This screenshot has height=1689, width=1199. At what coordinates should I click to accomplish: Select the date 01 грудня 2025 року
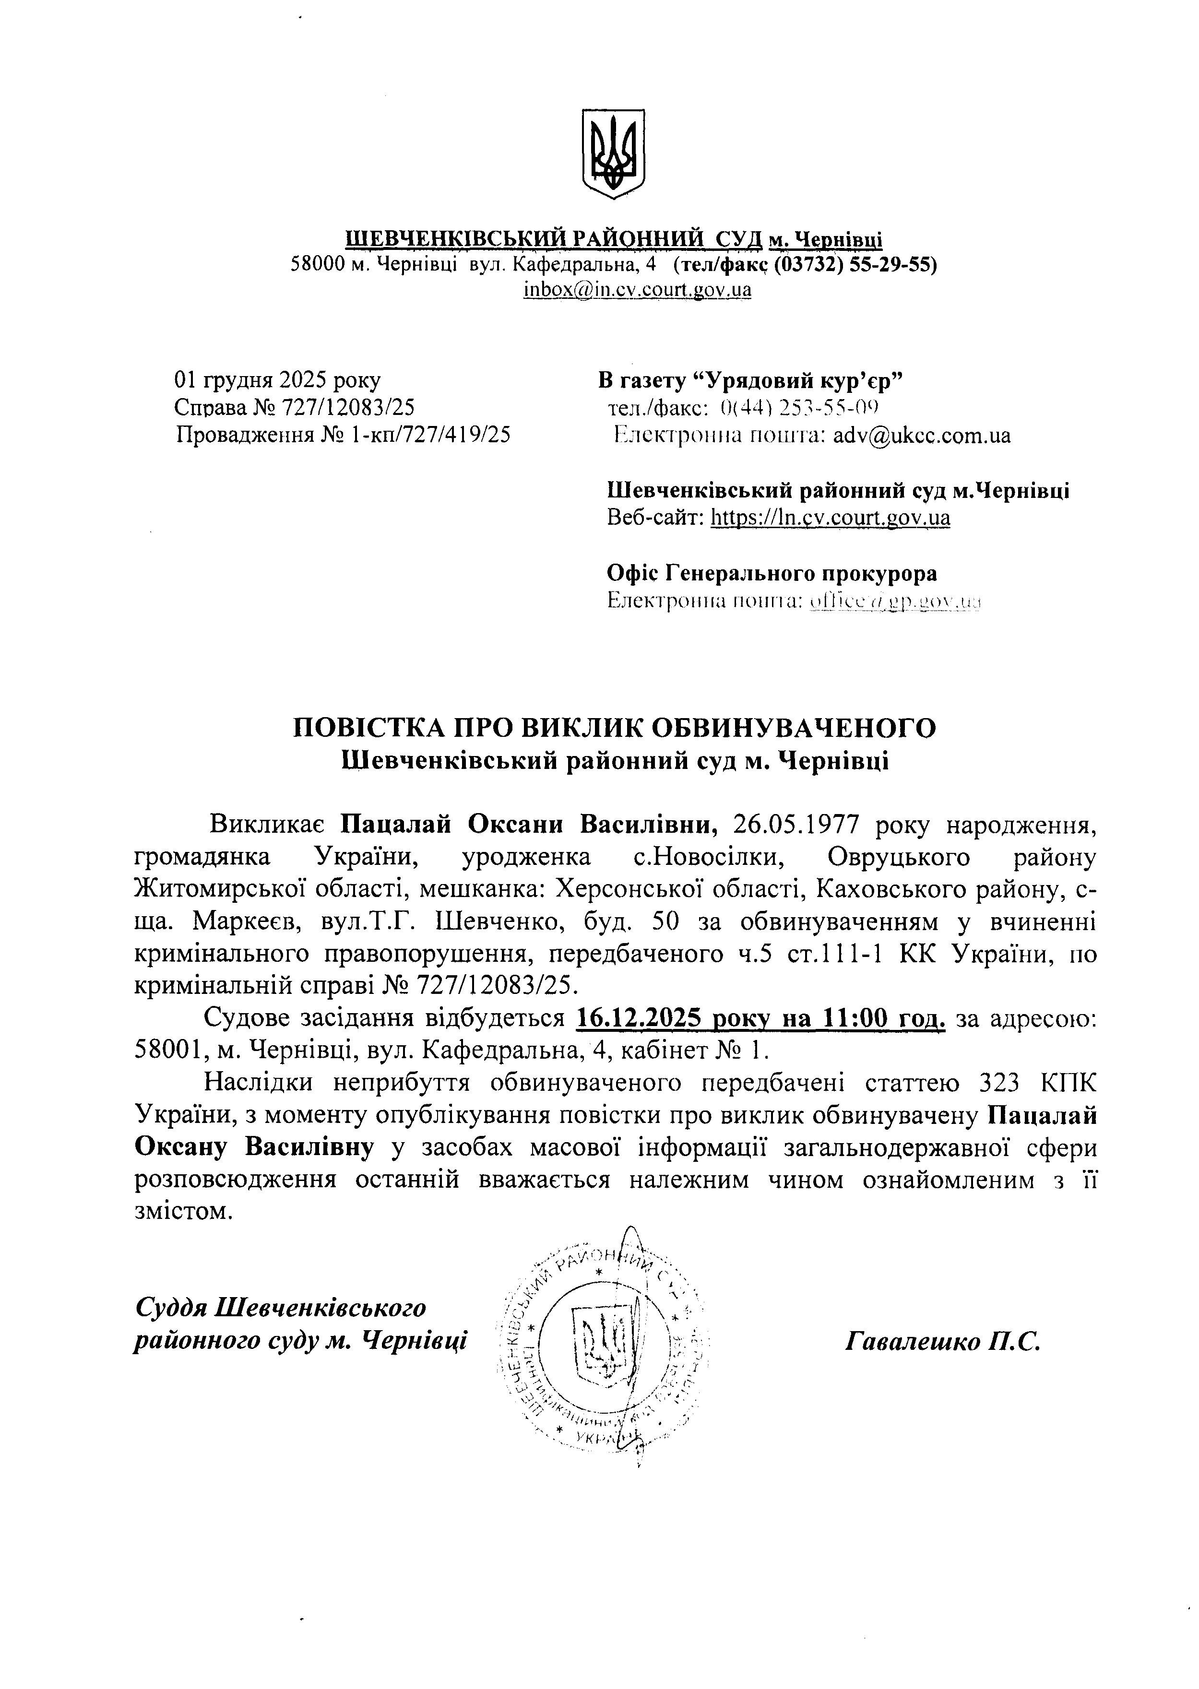(278, 380)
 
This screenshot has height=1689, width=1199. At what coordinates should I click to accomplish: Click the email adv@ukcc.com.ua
(921, 435)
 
